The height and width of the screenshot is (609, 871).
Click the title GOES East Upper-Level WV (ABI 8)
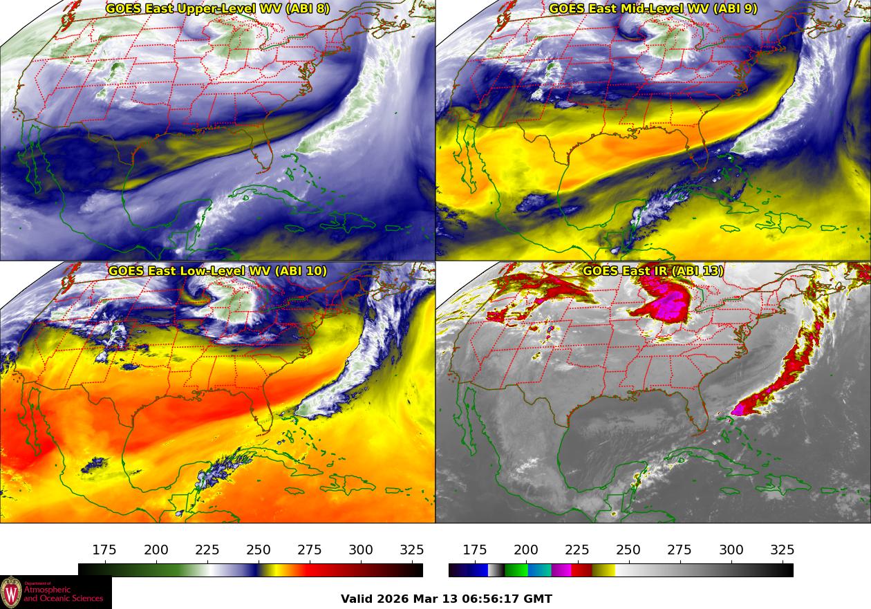click(218, 9)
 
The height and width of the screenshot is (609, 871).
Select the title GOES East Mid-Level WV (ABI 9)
click(653, 9)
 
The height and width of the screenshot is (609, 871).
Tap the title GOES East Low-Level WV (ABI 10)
click(218, 271)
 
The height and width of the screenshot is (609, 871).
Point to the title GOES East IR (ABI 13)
click(653, 271)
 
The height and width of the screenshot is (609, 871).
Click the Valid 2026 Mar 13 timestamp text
click(447, 599)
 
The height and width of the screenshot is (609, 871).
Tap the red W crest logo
click(11, 592)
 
